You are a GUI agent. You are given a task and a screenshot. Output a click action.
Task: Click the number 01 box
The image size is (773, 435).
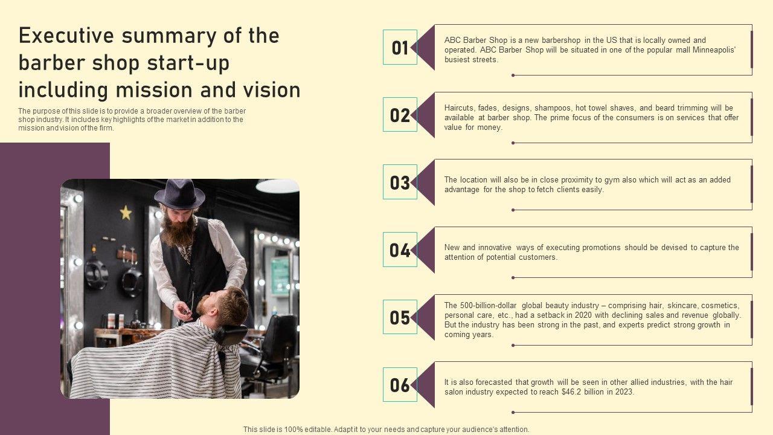click(400, 47)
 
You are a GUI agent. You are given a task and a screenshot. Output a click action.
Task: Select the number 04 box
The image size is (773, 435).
click(400, 250)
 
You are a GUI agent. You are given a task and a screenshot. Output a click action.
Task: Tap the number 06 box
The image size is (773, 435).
click(400, 385)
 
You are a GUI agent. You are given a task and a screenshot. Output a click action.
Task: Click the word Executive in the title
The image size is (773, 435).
click(66, 36)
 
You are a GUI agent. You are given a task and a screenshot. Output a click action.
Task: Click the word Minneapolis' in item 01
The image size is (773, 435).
click(714, 50)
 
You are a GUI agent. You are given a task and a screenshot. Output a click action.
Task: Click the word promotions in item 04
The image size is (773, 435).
click(601, 248)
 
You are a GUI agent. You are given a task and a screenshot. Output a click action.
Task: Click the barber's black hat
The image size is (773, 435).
click(179, 194)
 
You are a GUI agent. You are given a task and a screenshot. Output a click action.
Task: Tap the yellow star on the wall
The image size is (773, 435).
click(126, 213)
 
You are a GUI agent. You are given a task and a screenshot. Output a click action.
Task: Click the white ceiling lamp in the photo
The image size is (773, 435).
click(277, 186)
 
